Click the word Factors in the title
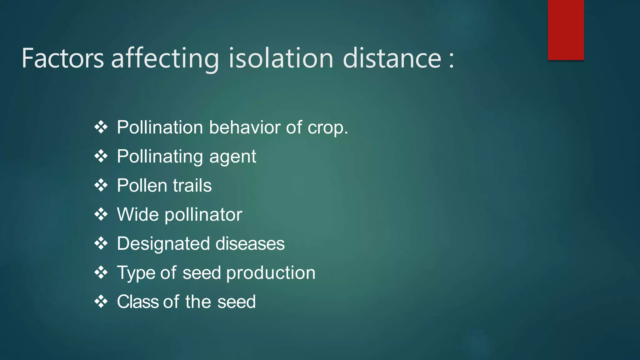(62, 58)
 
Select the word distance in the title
(392, 58)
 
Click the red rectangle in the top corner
(566, 30)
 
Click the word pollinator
(203, 215)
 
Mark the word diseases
(250, 244)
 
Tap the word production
(271, 273)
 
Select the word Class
(137, 302)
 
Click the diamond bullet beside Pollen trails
(101, 186)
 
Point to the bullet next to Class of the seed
(101, 302)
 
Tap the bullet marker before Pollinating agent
(101, 156)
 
